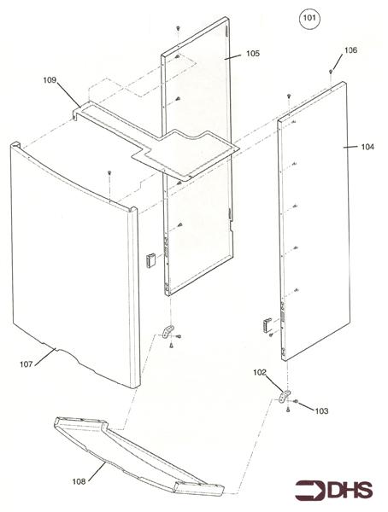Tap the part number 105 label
pyautogui.click(x=253, y=53)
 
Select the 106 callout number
pyautogui.click(x=350, y=50)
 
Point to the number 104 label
pyautogui.click(x=367, y=147)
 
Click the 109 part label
pyautogui.click(x=50, y=80)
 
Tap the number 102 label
pyautogui.click(x=259, y=371)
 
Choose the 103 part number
pyautogui.click(x=320, y=411)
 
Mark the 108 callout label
pyautogui.click(x=79, y=481)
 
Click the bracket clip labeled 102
pyautogui.click(x=285, y=396)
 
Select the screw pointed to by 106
pyautogui.click(x=331, y=73)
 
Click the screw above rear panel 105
pyautogui.click(x=177, y=29)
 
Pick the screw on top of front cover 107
pyautogui.click(x=110, y=174)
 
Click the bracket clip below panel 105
pyautogui.click(x=166, y=331)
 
